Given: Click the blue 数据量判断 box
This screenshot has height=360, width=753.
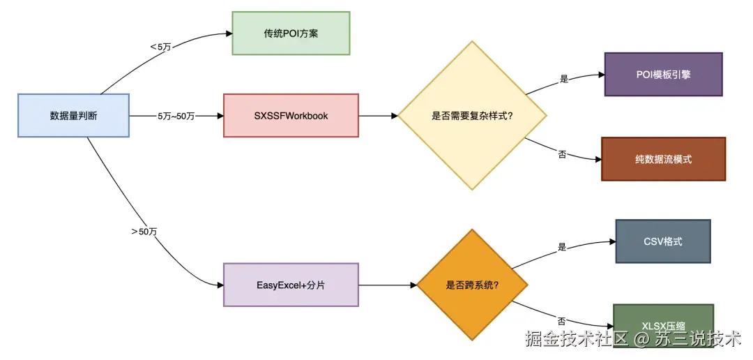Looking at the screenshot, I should coord(73,115).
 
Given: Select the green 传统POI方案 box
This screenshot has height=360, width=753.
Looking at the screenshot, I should coord(291,33).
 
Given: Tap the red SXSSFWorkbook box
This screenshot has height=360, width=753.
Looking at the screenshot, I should coord(291,115).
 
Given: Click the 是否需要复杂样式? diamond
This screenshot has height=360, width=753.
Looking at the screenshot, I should coord(473,115).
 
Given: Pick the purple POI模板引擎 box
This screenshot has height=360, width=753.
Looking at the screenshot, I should coord(663,74).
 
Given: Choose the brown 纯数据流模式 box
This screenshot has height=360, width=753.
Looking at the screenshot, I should coord(663,159).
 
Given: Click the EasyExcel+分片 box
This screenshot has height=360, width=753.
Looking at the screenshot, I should coord(291,285).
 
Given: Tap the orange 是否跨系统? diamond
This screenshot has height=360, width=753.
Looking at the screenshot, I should coord(473,285).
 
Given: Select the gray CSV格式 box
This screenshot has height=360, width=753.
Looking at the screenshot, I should coord(662,241).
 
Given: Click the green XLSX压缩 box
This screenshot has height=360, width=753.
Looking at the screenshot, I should coord(663,322).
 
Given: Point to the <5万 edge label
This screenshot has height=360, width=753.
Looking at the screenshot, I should coord(160,47).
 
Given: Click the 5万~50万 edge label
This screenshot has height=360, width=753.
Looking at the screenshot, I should coord(176,116).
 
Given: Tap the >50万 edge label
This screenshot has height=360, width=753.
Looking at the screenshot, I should coord(143,231).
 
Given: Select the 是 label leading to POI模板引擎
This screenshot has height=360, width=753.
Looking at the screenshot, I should coord(564,80).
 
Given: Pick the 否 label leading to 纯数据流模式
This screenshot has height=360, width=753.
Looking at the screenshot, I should coord(562,153).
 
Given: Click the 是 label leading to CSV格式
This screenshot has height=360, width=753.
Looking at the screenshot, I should coord(562,247).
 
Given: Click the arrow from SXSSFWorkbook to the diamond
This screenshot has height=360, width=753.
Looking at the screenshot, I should coord(377,116).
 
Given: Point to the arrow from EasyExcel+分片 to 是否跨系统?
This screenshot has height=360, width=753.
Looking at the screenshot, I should coord(387,285).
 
